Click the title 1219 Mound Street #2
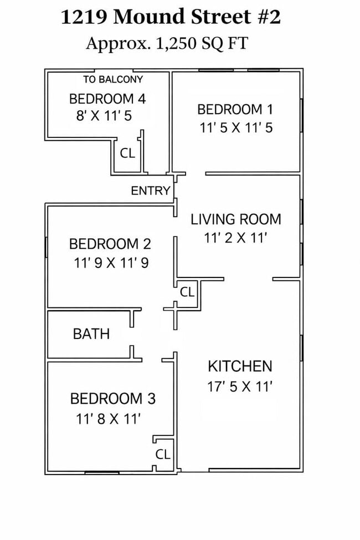tap(171, 17)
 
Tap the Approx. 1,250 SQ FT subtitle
tap(167, 44)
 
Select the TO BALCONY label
tap(113, 80)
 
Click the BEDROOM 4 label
tap(107, 99)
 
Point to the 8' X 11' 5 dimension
tap(104, 116)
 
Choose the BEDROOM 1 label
tap(235, 110)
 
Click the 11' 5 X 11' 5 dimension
tap(236, 128)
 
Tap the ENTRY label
tap(151, 191)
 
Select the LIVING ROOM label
tap(236, 219)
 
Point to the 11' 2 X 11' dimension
tap(236, 238)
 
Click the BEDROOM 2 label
tap(110, 244)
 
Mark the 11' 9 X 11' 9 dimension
tap(111, 263)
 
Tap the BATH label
tap(91, 334)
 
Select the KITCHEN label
tap(240, 367)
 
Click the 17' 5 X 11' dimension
tap(240, 387)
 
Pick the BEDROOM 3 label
tap(113, 399)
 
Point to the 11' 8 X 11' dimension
tap(108, 419)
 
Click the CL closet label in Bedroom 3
tap(163, 454)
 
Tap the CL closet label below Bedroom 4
tap(127, 153)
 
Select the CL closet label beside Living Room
tap(187, 292)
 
